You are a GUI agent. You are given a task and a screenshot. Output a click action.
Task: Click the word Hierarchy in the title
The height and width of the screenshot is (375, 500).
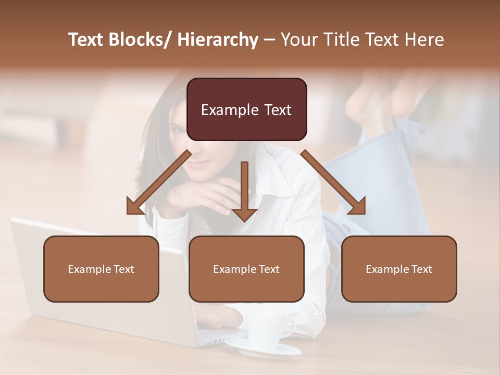[218, 40]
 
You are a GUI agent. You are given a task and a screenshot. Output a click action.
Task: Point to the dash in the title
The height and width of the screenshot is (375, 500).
[269, 40]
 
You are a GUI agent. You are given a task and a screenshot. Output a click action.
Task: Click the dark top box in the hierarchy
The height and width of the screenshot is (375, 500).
[246, 109]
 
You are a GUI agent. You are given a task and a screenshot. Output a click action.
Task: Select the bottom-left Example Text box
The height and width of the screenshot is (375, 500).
[101, 269]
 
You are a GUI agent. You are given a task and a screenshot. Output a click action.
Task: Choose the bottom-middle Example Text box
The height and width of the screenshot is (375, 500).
[246, 269]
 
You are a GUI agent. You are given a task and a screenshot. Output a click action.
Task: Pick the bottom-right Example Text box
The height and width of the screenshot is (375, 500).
[399, 269]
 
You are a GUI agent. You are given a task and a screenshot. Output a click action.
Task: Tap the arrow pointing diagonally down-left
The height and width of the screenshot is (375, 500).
[159, 182]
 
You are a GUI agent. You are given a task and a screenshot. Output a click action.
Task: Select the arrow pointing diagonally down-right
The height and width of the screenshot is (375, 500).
[334, 182]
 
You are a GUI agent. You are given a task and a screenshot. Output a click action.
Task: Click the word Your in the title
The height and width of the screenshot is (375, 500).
[300, 40]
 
